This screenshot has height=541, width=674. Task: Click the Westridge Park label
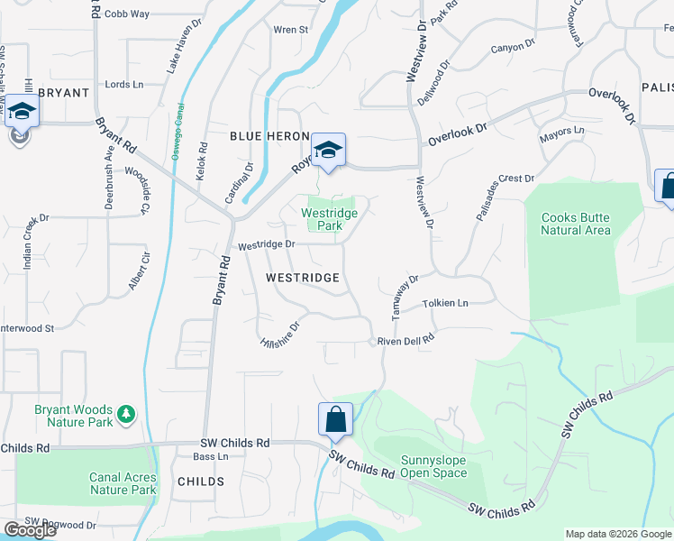click(329, 219)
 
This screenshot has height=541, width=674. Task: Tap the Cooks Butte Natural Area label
click(576, 224)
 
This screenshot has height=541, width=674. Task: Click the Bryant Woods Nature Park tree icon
click(128, 413)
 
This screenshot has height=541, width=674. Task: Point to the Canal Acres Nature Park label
click(123, 484)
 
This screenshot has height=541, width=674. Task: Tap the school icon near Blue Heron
click(329, 150)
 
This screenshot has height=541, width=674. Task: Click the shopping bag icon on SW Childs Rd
click(335, 419)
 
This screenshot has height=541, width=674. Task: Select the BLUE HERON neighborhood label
click(263, 135)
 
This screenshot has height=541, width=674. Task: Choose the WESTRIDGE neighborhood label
click(303, 279)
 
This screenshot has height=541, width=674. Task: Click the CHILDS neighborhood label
click(201, 481)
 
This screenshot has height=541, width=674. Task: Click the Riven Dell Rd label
click(405, 340)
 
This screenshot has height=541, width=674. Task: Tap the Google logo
click(30, 530)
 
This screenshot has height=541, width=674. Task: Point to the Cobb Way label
click(127, 14)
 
